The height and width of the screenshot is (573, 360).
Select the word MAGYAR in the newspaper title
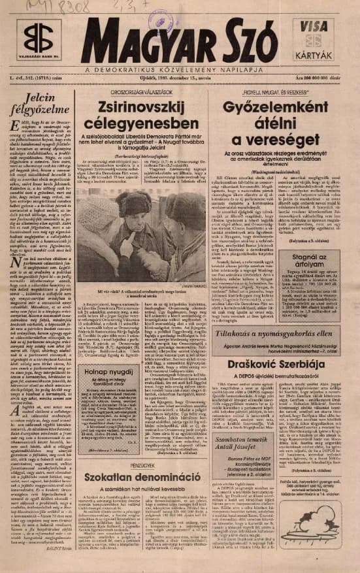[x=136, y=42]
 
